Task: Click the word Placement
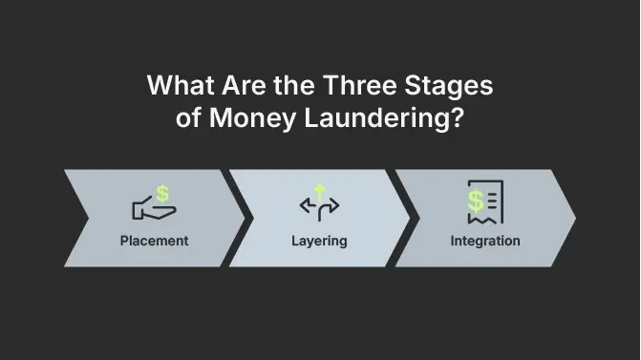(x=155, y=240)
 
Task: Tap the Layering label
(x=319, y=240)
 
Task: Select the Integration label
(x=485, y=240)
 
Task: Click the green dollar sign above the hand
(x=162, y=193)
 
